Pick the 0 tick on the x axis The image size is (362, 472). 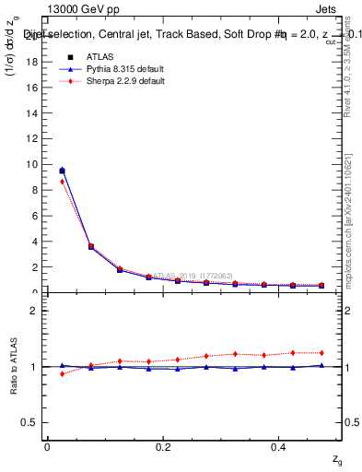coord(47,445)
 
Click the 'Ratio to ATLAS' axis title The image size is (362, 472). coord(13,366)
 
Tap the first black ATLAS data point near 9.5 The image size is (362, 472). coord(62,171)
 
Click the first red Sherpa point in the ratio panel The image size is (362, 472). coord(62,373)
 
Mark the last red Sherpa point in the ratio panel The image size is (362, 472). coord(321,353)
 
